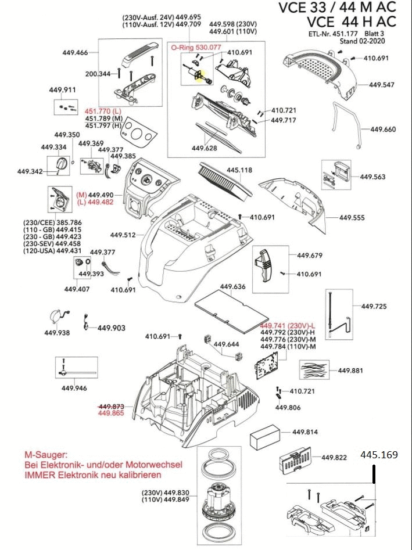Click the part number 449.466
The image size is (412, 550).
(75, 53)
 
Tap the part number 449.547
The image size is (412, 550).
(382, 85)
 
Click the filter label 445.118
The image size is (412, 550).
(239, 170)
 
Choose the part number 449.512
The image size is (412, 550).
(123, 235)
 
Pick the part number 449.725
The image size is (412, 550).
(374, 306)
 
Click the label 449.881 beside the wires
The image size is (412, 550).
(350, 371)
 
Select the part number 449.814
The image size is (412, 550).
(305, 432)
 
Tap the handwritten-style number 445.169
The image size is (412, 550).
(379, 455)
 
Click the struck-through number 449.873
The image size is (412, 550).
(112, 406)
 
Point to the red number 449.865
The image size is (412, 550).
(112, 413)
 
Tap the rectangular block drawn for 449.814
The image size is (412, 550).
(265, 441)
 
